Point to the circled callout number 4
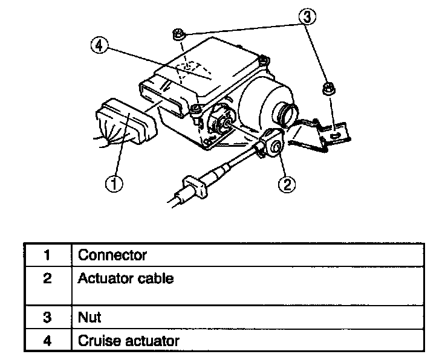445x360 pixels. [100, 45]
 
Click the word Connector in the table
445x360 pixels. [112, 254]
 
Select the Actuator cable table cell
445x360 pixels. [126, 278]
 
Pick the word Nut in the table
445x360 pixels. [89, 317]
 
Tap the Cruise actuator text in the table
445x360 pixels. [128, 341]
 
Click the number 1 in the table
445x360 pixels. [47, 254]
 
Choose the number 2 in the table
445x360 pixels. [47, 278]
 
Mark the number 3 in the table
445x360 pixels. [47, 317]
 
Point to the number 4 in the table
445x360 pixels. [47, 341]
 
